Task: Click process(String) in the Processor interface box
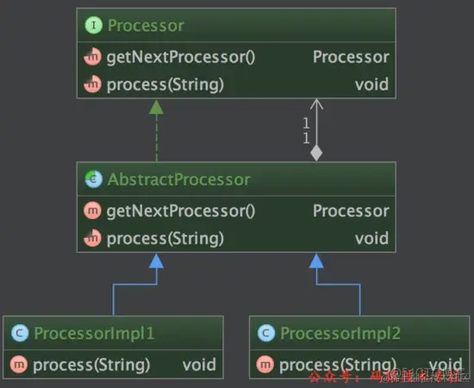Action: click(x=165, y=84)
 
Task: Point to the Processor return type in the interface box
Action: click(x=351, y=58)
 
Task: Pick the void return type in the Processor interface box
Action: click(x=371, y=84)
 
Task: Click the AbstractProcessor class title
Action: click(x=178, y=179)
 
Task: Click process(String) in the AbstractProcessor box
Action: click(x=165, y=238)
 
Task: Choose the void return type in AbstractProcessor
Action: click(x=371, y=238)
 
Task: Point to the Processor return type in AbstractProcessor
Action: click(x=351, y=211)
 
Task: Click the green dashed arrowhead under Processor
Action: click(x=156, y=107)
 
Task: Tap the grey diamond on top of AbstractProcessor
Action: click(x=316, y=153)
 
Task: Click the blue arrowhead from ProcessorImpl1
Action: click(x=156, y=261)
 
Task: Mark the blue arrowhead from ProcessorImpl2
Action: click(x=316, y=261)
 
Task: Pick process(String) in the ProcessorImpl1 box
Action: click(x=90, y=365)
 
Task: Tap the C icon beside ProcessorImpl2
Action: click(x=266, y=333)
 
